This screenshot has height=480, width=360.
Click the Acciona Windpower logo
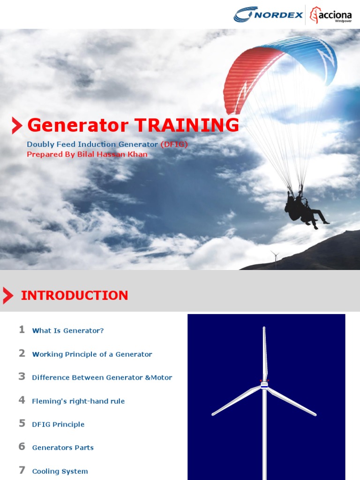(332, 15)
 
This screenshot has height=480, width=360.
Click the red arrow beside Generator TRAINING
(17, 126)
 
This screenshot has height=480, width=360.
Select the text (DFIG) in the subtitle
(174, 144)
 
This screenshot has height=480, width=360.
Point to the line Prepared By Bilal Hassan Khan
(87, 154)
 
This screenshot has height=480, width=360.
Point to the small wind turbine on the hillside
(275, 257)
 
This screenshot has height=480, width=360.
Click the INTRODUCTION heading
(75, 295)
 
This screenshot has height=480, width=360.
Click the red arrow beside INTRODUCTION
(7, 296)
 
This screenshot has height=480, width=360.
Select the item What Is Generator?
(68, 330)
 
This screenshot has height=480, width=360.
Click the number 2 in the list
(22, 353)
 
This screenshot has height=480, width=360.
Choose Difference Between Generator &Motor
(102, 377)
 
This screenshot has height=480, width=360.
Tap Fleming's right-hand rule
(78, 401)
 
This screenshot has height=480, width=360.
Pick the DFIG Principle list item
(58, 424)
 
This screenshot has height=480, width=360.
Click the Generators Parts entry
(63, 448)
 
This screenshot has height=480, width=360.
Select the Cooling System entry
(60, 471)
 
